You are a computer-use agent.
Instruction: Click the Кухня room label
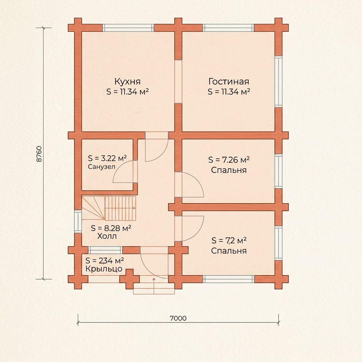point(127,82)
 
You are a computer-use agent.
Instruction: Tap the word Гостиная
point(229,82)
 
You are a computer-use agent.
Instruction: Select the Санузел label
point(101,167)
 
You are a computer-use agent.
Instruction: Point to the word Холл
point(107,236)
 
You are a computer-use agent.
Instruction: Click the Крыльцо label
point(104,269)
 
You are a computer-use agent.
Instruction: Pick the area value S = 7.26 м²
point(229,160)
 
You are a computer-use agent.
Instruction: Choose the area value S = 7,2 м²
point(229,240)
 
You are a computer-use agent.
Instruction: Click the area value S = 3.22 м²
point(107,158)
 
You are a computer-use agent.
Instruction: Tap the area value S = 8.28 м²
point(111,228)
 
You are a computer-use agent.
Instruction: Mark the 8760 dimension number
point(39,154)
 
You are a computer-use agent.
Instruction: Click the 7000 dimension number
point(178,319)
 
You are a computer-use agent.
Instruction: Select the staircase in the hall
point(109,208)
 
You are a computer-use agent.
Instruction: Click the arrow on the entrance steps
point(154,286)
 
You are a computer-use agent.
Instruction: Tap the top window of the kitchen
point(128,28)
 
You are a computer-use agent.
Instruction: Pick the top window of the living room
point(229,28)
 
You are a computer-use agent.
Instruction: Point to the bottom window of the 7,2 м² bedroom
point(229,279)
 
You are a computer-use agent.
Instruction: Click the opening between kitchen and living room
point(178,82)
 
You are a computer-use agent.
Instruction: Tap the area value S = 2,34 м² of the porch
point(105,261)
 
